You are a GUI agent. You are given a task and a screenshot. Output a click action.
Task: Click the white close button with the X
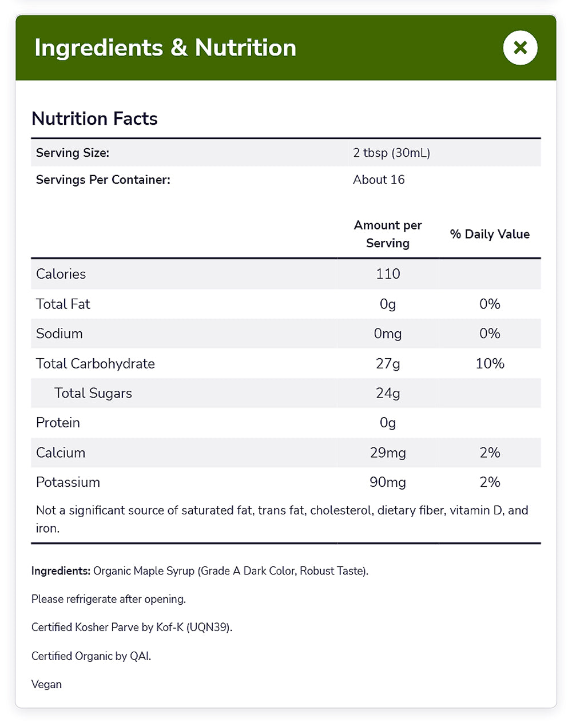pos(520,47)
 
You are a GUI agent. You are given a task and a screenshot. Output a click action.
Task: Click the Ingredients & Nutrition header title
pos(165,47)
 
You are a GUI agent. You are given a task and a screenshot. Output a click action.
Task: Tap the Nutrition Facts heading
pos(94,118)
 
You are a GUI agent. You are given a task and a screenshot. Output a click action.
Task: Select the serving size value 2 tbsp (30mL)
pos(391,153)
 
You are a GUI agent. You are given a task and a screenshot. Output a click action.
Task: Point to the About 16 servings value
pos(379,180)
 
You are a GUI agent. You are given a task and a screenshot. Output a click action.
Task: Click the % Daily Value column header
pos(490,234)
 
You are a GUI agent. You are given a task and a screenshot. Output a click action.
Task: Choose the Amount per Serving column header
pos(388,234)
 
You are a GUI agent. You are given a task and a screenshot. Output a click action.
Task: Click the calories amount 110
pos(388,274)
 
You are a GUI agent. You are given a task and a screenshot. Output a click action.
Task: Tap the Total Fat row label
pos(63,304)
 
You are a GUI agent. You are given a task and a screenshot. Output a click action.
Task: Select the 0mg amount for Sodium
pos(388,334)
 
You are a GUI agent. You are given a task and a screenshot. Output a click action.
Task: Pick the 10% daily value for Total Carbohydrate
pos(490,363)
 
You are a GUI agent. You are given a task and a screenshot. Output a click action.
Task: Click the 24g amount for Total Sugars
pos(388,393)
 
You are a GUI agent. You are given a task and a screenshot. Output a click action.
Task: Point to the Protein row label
pos(58,423)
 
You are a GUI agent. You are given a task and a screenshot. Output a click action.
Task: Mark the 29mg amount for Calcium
pos(388,453)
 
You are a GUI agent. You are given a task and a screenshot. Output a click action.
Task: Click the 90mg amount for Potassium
pos(388,482)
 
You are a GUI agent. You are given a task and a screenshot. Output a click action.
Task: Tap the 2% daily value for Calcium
pos(490,453)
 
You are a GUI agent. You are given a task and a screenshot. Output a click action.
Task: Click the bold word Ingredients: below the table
pos(61,571)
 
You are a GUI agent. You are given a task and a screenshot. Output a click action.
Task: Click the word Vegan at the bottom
pos(46,684)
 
